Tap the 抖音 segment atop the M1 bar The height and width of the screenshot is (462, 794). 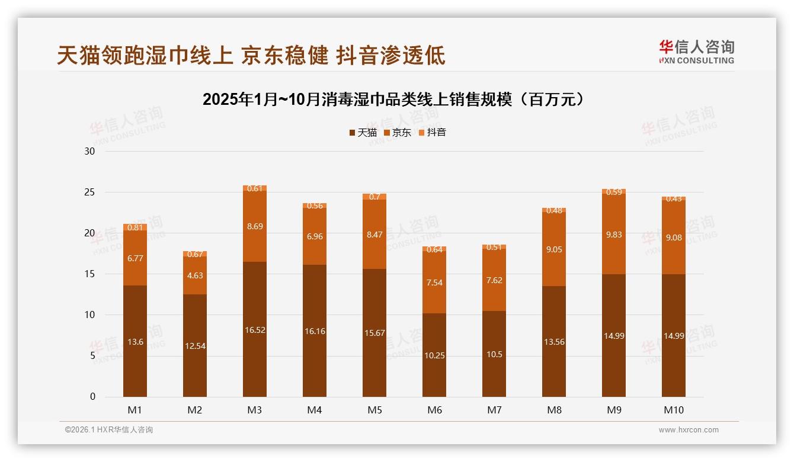(x=135, y=227)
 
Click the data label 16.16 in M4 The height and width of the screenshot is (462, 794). (x=315, y=331)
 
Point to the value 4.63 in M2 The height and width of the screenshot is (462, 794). (x=195, y=275)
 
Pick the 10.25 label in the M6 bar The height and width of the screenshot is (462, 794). (x=434, y=355)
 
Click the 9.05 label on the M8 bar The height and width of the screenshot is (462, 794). (x=554, y=249)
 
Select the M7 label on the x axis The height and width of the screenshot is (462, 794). (x=494, y=410)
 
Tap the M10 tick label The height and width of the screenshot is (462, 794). (x=674, y=410)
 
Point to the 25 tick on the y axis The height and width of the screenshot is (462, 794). (x=89, y=192)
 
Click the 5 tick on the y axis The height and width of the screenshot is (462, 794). (x=92, y=356)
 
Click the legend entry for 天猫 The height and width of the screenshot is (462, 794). (x=363, y=133)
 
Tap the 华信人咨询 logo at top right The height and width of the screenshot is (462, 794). (x=696, y=52)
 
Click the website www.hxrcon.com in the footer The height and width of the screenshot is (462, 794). (x=689, y=430)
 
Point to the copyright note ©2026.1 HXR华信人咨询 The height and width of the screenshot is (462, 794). (x=109, y=430)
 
